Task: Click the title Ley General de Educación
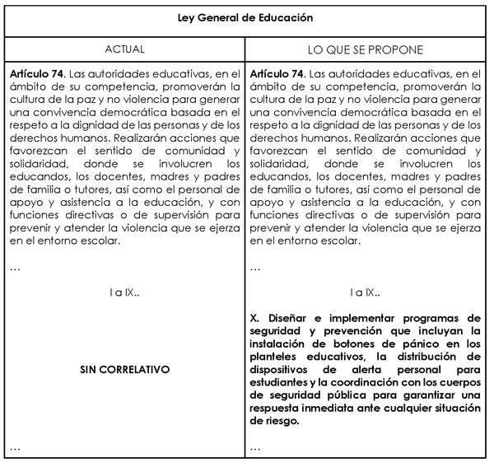pos(246,16)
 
